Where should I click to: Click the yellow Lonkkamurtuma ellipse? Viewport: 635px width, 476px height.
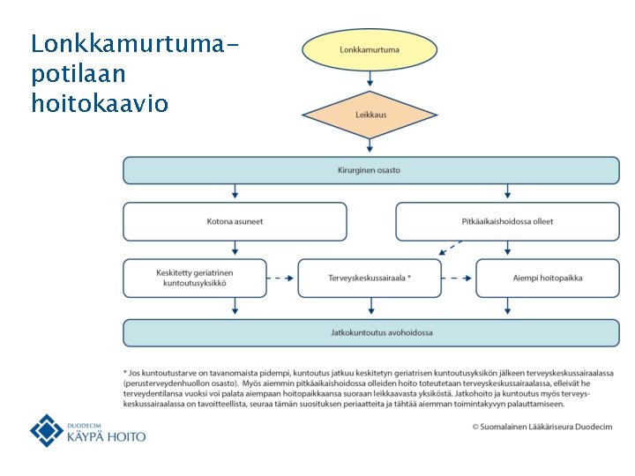click(x=370, y=50)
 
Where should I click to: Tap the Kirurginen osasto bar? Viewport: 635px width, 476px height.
click(x=370, y=170)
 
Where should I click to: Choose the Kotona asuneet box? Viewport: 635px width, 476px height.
click(x=235, y=221)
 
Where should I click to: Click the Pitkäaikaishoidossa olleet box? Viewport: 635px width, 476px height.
click(x=507, y=221)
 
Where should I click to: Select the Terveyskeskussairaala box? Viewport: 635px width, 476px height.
click(x=370, y=278)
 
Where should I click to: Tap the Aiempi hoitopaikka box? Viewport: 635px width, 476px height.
click(x=547, y=278)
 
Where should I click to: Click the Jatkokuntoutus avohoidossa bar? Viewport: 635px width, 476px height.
click(x=370, y=332)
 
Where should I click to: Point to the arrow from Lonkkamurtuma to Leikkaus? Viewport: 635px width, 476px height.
click(x=370, y=79)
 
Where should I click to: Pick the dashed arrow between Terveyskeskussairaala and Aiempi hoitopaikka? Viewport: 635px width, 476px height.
click(x=458, y=278)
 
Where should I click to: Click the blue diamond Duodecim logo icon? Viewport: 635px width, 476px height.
click(x=47, y=430)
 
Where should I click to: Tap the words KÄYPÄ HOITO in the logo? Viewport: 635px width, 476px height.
click(x=107, y=436)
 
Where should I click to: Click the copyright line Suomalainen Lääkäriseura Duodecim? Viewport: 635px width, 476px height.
click(x=542, y=426)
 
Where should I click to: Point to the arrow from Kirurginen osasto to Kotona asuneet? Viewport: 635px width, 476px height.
click(x=235, y=192)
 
